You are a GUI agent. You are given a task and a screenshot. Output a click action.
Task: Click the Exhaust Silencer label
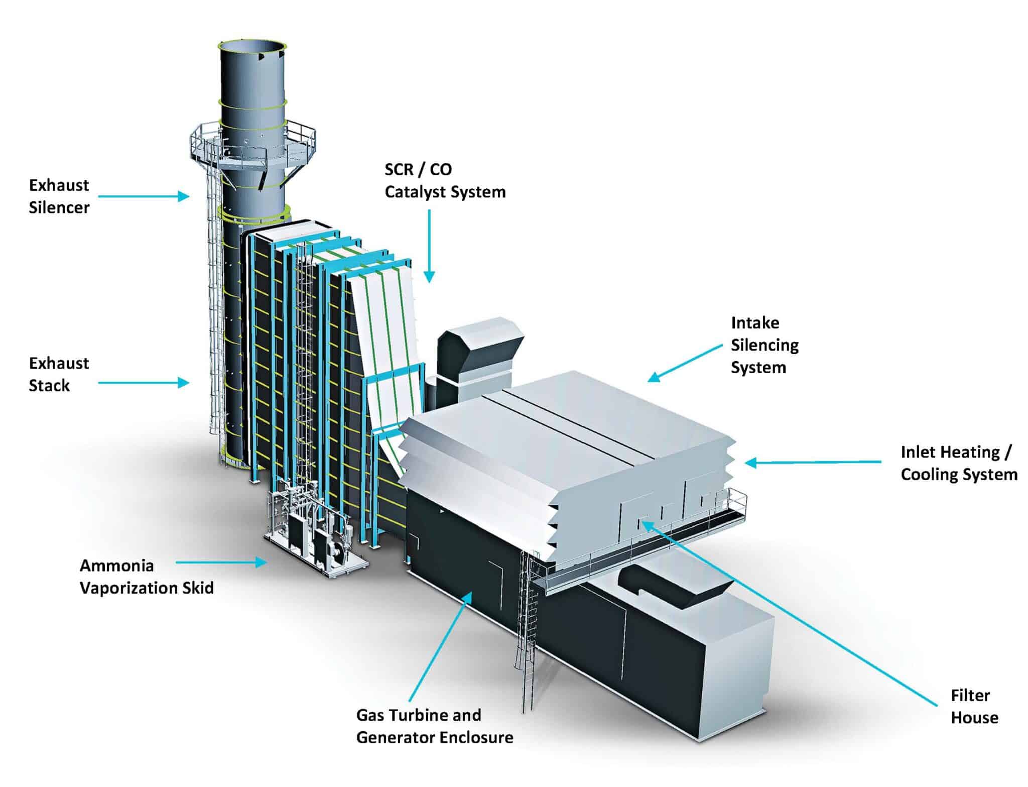coord(59,196)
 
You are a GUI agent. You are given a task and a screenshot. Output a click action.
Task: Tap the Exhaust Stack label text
coord(59,374)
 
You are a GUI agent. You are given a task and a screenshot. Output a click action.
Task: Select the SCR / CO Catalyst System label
coord(445,181)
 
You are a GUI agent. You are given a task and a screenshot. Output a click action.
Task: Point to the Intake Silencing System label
coord(764,345)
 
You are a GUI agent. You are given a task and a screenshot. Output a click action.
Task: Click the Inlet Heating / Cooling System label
coord(958,463)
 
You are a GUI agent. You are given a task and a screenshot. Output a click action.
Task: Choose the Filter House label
coord(974,707)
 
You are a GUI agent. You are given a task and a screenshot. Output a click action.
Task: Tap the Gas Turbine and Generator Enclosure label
coord(435,726)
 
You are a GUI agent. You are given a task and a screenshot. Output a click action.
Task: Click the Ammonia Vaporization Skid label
coord(147,577)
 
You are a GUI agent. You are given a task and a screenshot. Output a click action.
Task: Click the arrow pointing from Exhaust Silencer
coord(143,196)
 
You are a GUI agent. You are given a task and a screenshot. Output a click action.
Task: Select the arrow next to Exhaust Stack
coord(143,383)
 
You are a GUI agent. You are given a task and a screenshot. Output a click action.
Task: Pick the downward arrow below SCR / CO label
coord(429,246)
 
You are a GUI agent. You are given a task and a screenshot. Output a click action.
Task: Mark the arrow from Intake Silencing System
coord(685,363)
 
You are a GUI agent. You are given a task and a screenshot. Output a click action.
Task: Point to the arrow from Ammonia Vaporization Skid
coord(221,563)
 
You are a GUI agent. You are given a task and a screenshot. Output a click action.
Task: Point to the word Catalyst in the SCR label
coord(415,192)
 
